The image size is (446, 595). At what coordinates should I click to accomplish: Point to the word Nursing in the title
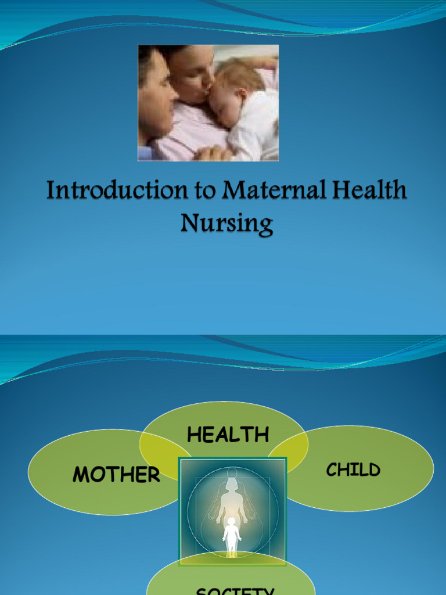(x=226, y=223)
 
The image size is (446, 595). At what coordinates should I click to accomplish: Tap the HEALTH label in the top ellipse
(x=228, y=435)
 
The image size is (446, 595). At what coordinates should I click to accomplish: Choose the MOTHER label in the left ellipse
(x=116, y=475)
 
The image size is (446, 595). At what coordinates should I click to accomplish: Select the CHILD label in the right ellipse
(x=353, y=470)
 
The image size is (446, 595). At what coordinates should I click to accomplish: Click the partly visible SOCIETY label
(x=235, y=589)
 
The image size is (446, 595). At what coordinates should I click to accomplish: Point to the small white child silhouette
(x=232, y=535)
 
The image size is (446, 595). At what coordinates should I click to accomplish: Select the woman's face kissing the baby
(x=195, y=76)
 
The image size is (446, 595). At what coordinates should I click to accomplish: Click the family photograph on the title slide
(x=208, y=103)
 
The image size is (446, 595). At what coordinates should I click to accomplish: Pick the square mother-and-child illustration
(x=232, y=511)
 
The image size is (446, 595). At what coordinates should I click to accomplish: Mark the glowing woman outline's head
(x=232, y=483)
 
